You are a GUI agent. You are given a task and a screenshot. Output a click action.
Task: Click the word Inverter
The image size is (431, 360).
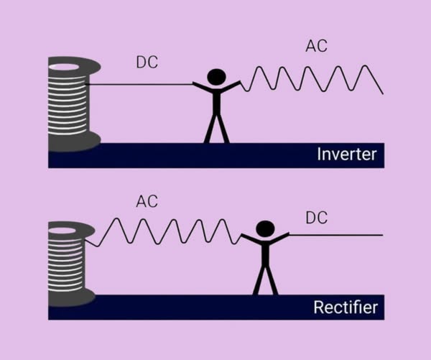(346, 154)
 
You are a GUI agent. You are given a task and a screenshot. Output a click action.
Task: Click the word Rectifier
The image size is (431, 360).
(345, 308)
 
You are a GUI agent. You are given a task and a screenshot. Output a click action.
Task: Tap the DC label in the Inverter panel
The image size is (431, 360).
(147, 63)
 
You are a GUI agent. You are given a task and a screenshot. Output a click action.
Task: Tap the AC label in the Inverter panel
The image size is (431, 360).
(317, 47)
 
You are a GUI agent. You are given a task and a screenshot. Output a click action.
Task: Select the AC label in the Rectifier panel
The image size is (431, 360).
(147, 201)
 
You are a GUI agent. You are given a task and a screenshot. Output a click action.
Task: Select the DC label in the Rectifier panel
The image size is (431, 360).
(317, 217)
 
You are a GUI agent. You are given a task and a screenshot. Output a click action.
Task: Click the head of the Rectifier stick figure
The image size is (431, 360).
(265, 229)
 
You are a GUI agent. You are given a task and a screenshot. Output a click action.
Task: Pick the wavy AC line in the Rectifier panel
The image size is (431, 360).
(165, 232)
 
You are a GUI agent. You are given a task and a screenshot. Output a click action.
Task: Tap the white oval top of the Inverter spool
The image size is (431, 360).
(70, 68)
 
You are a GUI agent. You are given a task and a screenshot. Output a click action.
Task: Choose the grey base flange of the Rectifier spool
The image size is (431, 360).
(72, 297)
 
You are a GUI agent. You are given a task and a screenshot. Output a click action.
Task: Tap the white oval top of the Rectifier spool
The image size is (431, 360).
(70, 228)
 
